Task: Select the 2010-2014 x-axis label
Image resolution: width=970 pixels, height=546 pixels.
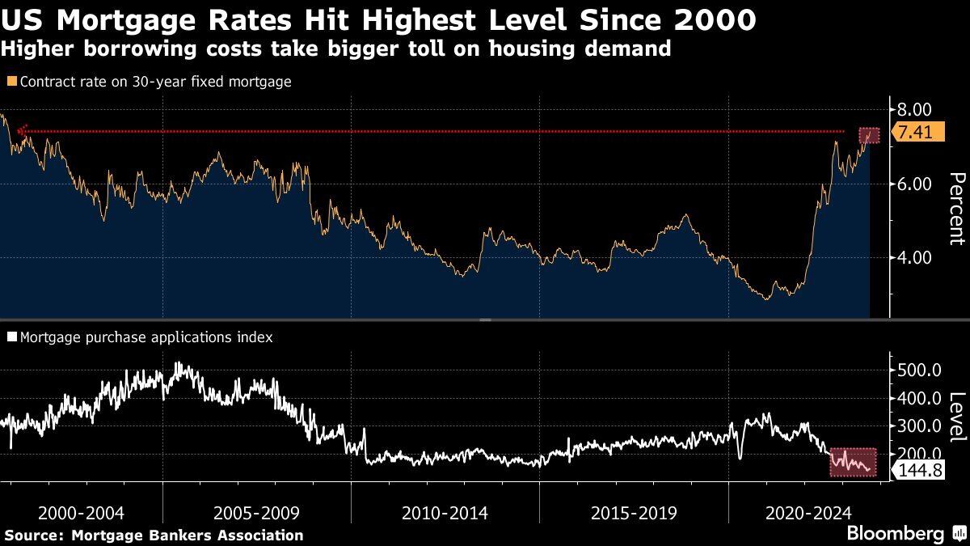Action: [x=445, y=513]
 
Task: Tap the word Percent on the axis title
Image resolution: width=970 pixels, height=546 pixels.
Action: [x=957, y=208]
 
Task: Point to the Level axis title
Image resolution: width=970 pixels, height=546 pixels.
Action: [x=957, y=417]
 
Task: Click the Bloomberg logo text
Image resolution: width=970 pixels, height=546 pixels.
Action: [x=895, y=534]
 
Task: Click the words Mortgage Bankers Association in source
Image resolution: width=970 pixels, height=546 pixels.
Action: [x=188, y=535]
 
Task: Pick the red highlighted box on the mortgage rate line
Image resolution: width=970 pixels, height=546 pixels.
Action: [x=869, y=136]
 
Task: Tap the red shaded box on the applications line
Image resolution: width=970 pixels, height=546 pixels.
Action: [x=854, y=462]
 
